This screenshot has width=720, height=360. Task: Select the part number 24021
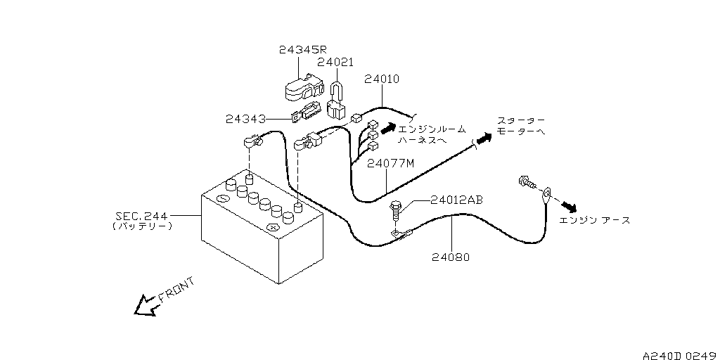[x=335, y=62]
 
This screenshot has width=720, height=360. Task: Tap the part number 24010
[x=382, y=79]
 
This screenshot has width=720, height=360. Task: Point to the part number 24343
[x=245, y=120]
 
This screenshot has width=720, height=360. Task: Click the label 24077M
[x=391, y=163]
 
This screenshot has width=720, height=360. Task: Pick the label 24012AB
[x=456, y=200]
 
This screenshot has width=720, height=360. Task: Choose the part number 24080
[x=451, y=257]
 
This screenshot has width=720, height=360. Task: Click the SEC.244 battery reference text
[x=142, y=215]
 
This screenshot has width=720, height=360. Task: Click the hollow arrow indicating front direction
[x=146, y=305]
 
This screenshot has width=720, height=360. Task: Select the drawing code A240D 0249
[x=681, y=355]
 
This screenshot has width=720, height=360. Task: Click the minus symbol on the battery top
[x=223, y=198]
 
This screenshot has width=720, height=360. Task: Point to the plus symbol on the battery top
[x=272, y=227]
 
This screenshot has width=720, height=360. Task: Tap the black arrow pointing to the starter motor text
[x=483, y=138]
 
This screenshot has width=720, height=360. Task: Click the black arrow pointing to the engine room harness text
[x=388, y=127]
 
